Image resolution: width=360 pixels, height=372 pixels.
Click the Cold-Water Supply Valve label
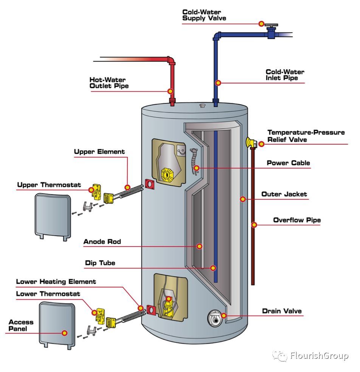coord(206,15)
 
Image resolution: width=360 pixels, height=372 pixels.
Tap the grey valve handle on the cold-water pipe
coord(271,27)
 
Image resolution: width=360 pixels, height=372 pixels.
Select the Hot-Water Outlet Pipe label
coord(109,83)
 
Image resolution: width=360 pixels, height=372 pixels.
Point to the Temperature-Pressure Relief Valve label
coord(306,136)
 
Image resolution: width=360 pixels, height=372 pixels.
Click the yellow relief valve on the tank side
coord(251,142)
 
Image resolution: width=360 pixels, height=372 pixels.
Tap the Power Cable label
coord(288,163)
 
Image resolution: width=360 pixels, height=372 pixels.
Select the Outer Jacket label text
coord(284,194)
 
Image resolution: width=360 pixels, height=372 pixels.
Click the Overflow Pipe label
coord(297,220)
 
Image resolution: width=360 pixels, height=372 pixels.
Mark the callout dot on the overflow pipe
coord(254,225)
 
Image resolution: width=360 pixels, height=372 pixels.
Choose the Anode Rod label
coord(102,242)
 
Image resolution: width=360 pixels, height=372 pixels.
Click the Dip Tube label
coord(100,263)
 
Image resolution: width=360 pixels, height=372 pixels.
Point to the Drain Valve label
coord(282,311)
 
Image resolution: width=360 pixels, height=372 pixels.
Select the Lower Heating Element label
coord(56,282)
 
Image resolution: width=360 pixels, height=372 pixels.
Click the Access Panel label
coord(21,325)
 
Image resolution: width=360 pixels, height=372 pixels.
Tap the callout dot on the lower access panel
coord(65,333)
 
